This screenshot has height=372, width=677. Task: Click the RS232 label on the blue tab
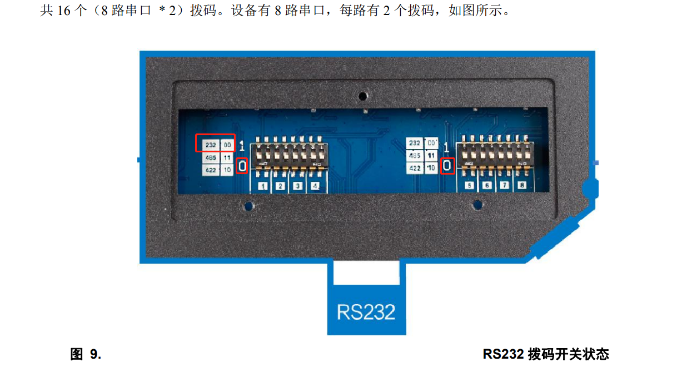coord(366,311)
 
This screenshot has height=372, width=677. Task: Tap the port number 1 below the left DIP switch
coord(263,186)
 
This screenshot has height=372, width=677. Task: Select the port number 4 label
coord(316,186)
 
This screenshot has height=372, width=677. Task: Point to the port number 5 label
coord(470,186)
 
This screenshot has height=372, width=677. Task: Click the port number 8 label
coord(521,186)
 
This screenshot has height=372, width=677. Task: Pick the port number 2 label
coord(281,186)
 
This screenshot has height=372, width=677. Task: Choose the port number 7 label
coord(504,186)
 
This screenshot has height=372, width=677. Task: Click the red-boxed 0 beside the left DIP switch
coord(242,166)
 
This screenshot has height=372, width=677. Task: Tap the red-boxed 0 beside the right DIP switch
coord(447,166)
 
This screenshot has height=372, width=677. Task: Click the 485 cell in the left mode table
coord(211,158)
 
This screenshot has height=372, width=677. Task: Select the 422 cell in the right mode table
coord(415,168)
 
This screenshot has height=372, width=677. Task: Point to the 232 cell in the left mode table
coord(211,145)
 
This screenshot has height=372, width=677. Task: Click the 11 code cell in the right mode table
coord(431,156)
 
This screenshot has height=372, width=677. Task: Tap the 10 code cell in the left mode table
coord(227,171)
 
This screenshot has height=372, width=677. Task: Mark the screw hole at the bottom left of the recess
coord(247,206)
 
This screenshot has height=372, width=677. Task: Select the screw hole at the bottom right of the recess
coord(476,206)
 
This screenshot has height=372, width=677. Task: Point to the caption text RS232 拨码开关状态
coord(546,354)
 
